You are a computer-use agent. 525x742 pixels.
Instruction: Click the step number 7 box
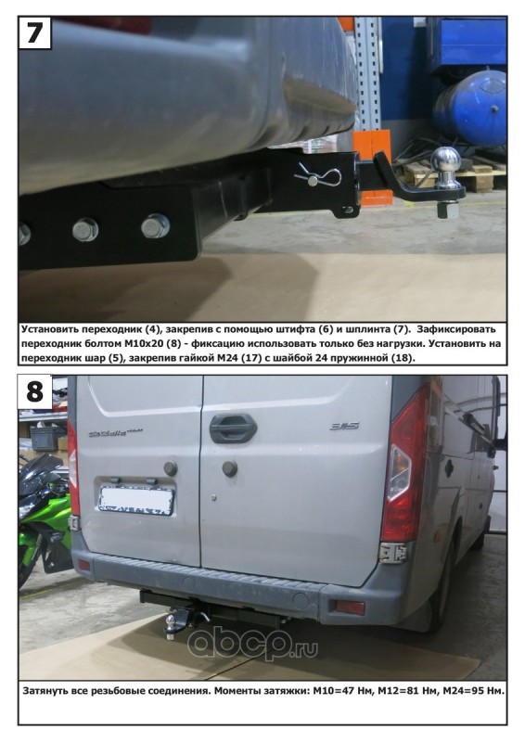[x=34, y=32]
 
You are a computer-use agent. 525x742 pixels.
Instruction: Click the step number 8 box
[x=34, y=391]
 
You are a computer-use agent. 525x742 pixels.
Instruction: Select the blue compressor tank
[x=469, y=109]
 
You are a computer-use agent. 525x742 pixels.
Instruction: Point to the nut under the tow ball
[x=448, y=209]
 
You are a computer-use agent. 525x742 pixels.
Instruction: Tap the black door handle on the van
[x=233, y=429]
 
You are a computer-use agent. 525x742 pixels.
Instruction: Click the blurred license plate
[x=136, y=500]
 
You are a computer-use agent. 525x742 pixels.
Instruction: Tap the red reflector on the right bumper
[x=351, y=608]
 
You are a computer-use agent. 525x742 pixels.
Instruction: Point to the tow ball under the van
[x=171, y=620]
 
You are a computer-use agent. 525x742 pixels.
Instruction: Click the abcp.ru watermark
[x=253, y=642]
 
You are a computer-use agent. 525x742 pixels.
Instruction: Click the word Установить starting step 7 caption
[x=48, y=329]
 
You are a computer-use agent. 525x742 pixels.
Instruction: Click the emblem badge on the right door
[x=345, y=426]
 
